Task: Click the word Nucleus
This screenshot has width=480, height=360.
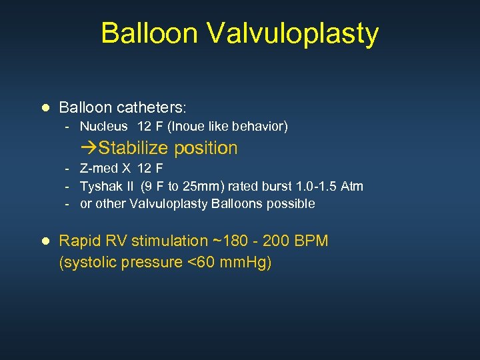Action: [105, 126]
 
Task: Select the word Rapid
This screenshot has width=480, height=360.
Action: [79, 241]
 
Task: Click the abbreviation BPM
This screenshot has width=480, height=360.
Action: [311, 241]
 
